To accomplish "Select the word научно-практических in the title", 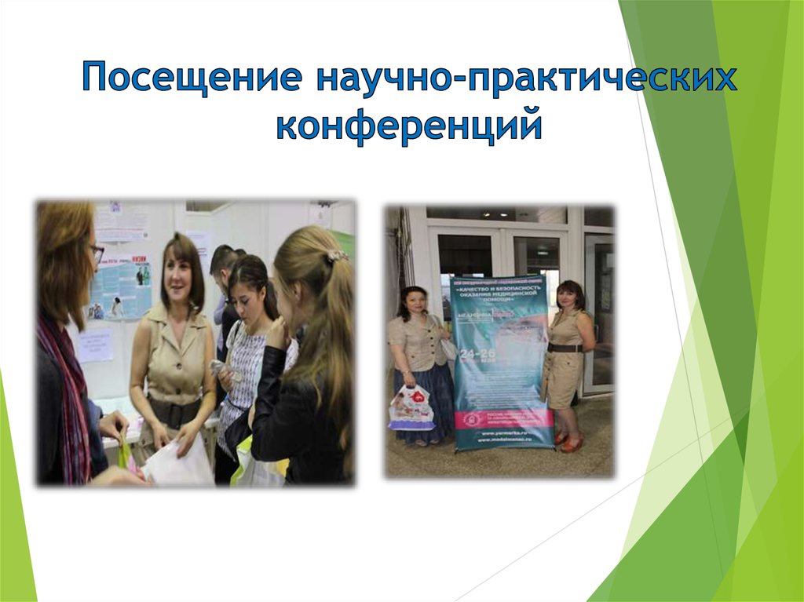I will (x=527, y=80).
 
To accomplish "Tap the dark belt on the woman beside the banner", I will (x=565, y=348).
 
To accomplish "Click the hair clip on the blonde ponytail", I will (x=338, y=256).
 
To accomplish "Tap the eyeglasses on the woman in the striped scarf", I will (x=97, y=252).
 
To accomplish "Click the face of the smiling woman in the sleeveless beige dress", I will (x=177, y=275).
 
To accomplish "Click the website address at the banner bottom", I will (x=502, y=436).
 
